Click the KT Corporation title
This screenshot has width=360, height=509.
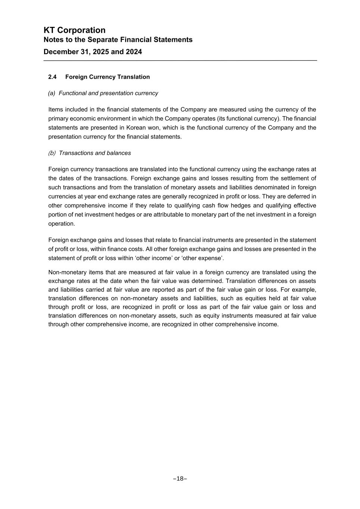pyautogui.click(x=75, y=30)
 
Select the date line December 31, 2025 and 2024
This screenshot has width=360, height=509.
pyautogui.click(x=93, y=52)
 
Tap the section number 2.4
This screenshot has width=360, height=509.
pyautogui.click(x=52, y=77)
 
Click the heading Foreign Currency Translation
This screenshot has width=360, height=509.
pyautogui.click(x=107, y=77)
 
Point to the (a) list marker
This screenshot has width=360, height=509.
pyautogui.click(x=51, y=93)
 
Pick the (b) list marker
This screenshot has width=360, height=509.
pyautogui.click(x=52, y=153)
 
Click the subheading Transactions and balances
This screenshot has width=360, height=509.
pyautogui.click(x=95, y=153)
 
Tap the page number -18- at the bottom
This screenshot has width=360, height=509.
pyautogui.click(x=180, y=479)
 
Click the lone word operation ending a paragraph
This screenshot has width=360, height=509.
pyautogui.click(x=62, y=224)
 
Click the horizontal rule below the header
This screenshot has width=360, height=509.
pyautogui.click(x=180, y=60)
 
